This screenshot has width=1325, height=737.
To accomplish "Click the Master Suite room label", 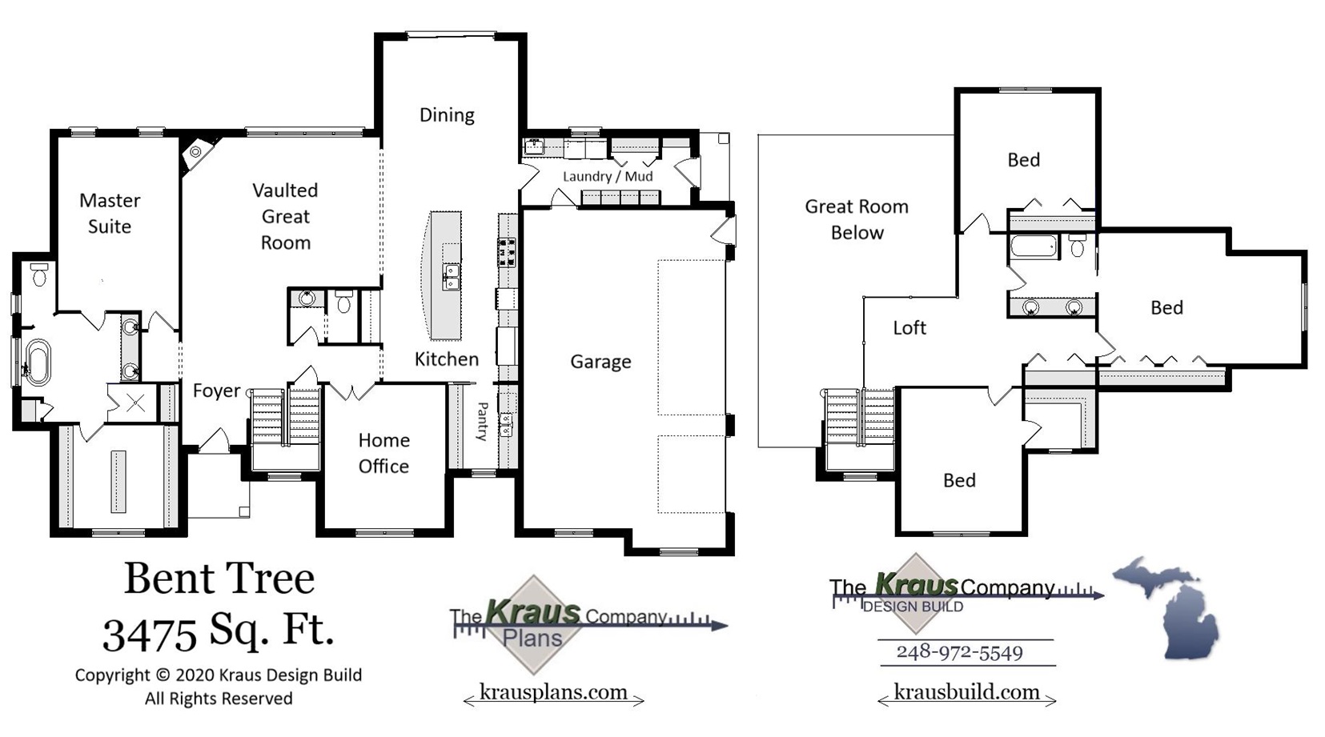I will pyautogui.click(x=110, y=213).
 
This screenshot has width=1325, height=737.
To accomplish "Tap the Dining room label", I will pyautogui.click(x=447, y=115).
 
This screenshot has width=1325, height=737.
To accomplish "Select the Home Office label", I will pyautogui.click(x=383, y=453).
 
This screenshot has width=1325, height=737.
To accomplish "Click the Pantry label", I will pyautogui.click(x=482, y=422).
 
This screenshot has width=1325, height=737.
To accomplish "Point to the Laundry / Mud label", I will pyautogui.click(x=607, y=176).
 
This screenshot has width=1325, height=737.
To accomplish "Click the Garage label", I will pyautogui.click(x=600, y=362).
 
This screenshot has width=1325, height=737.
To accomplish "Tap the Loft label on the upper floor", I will pyautogui.click(x=909, y=327).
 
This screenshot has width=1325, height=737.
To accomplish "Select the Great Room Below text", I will pyautogui.click(x=857, y=219).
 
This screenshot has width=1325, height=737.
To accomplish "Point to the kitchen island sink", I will pyautogui.click(x=452, y=276).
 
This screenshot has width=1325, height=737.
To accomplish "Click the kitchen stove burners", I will pyautogui.click(x=507, y=251).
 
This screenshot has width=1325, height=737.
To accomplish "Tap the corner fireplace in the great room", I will pyautogui.click(x=195, y=152).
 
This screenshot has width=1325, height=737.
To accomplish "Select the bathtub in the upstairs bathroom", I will pyautogui.click(x=1034, y=246).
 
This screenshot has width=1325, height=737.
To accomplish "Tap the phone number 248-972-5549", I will pyautogui.click(x=959, y=652).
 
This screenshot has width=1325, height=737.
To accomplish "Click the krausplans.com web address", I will pyautogui.click(x=553, y=691).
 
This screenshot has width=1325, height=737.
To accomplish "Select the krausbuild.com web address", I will pyautogui.click(x=966, y=691).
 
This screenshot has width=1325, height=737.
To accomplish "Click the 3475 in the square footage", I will pyautogui.click(x=150, y=634).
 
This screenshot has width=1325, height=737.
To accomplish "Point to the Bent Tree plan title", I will pyautogui.click(x=219, y=578).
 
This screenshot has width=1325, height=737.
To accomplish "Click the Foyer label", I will pyautogui.click(x=216, y=391).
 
